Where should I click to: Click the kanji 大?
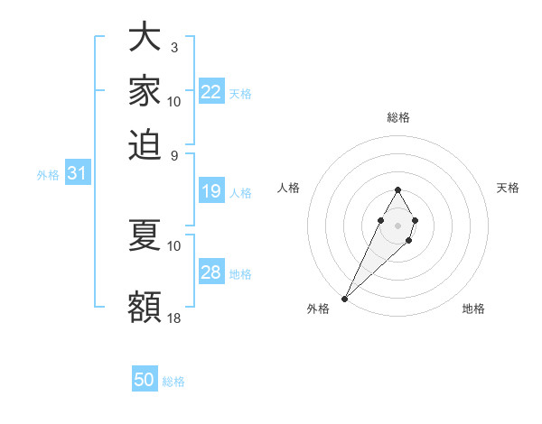[145, 37]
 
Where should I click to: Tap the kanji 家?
[145, 90]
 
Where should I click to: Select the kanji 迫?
[145, 144]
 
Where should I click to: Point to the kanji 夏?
[145, 235]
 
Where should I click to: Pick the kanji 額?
[145, 307]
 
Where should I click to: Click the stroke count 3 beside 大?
[173, 48]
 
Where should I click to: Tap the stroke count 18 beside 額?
[174, 318]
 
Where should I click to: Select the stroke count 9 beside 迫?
[173, 155]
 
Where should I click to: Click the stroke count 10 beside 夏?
[174, 245]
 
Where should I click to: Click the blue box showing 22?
[211, 92]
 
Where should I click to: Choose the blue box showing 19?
[211, 191]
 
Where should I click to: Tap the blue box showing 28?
[211, 272]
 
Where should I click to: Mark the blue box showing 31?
[77, 174]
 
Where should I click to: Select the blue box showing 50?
[145, 380]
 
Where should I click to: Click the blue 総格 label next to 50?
[173, 382]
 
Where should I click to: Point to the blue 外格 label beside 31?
[48, 175]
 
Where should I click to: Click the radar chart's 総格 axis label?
[397, 118]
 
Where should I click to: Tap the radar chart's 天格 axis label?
[508, 188]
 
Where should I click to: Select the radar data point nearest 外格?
[344, 298]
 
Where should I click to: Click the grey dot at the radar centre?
[397, 225]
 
